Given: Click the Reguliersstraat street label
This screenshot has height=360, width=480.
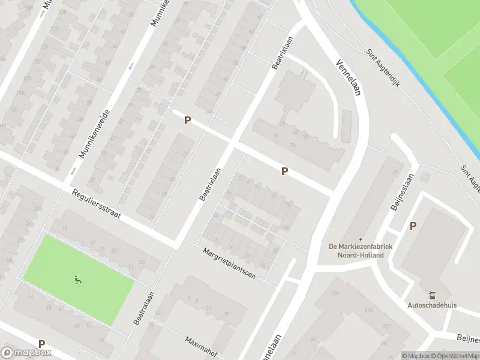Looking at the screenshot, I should coord(96,205).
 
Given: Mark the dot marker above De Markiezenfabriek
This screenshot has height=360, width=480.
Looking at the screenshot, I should coord(360,239).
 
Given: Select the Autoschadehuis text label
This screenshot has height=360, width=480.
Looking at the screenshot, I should coord(432,305).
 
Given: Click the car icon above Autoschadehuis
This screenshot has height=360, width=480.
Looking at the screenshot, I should coord(432,295).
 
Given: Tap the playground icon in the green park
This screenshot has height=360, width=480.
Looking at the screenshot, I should coord(77,280).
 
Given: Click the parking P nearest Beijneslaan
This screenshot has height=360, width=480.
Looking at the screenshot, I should coord(413,226).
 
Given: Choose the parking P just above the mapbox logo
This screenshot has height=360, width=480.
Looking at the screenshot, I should coord(41,344).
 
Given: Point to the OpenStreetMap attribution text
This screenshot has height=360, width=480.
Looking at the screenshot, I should coord(458,356).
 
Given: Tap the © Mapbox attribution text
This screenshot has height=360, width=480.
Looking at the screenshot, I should coord(416,356).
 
